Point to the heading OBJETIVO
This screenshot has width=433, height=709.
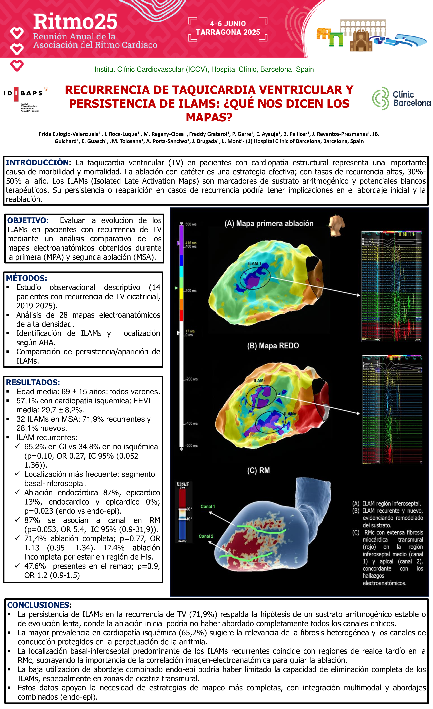pos(28,220)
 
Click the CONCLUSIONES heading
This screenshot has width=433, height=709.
pos(39,605)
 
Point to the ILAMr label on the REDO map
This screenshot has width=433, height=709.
pos(259,381)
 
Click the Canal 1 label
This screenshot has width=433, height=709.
pos(207,506)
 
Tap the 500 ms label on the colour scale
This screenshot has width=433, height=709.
pos(191,224)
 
